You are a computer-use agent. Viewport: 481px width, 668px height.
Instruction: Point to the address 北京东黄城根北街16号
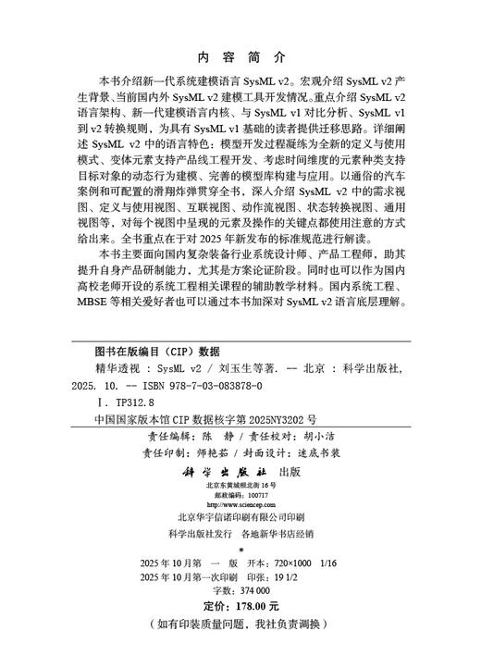(x=240, y=485)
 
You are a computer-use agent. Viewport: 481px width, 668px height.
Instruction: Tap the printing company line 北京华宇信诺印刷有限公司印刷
(x=241, y=517)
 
